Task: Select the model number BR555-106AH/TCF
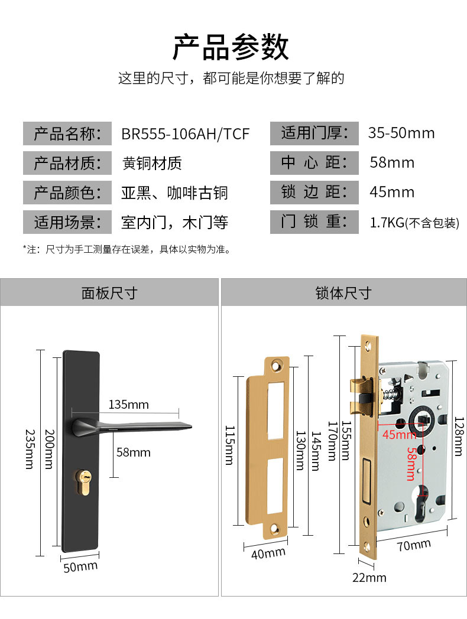(x=185, y=133)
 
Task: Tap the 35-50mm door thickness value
(x=401, y=133)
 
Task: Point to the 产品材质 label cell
(x=67, y=163)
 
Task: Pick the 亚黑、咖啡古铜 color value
(x=174, y=193)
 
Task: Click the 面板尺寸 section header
(x=109, y=292)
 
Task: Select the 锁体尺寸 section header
(x=343, y=292)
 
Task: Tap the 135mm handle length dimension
(x=128, y=405)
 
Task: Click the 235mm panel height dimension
(x=29, y=448)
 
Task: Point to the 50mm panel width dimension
(x=80, y=566)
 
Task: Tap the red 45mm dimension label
(x=399, y=435)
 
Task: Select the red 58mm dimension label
(x=411, y=464)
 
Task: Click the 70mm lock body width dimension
(x=413, y=545)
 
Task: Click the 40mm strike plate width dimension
(x=268, y=553)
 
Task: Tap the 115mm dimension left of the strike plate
(x=229, y=445)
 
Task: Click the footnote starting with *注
(x=127, y=249)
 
